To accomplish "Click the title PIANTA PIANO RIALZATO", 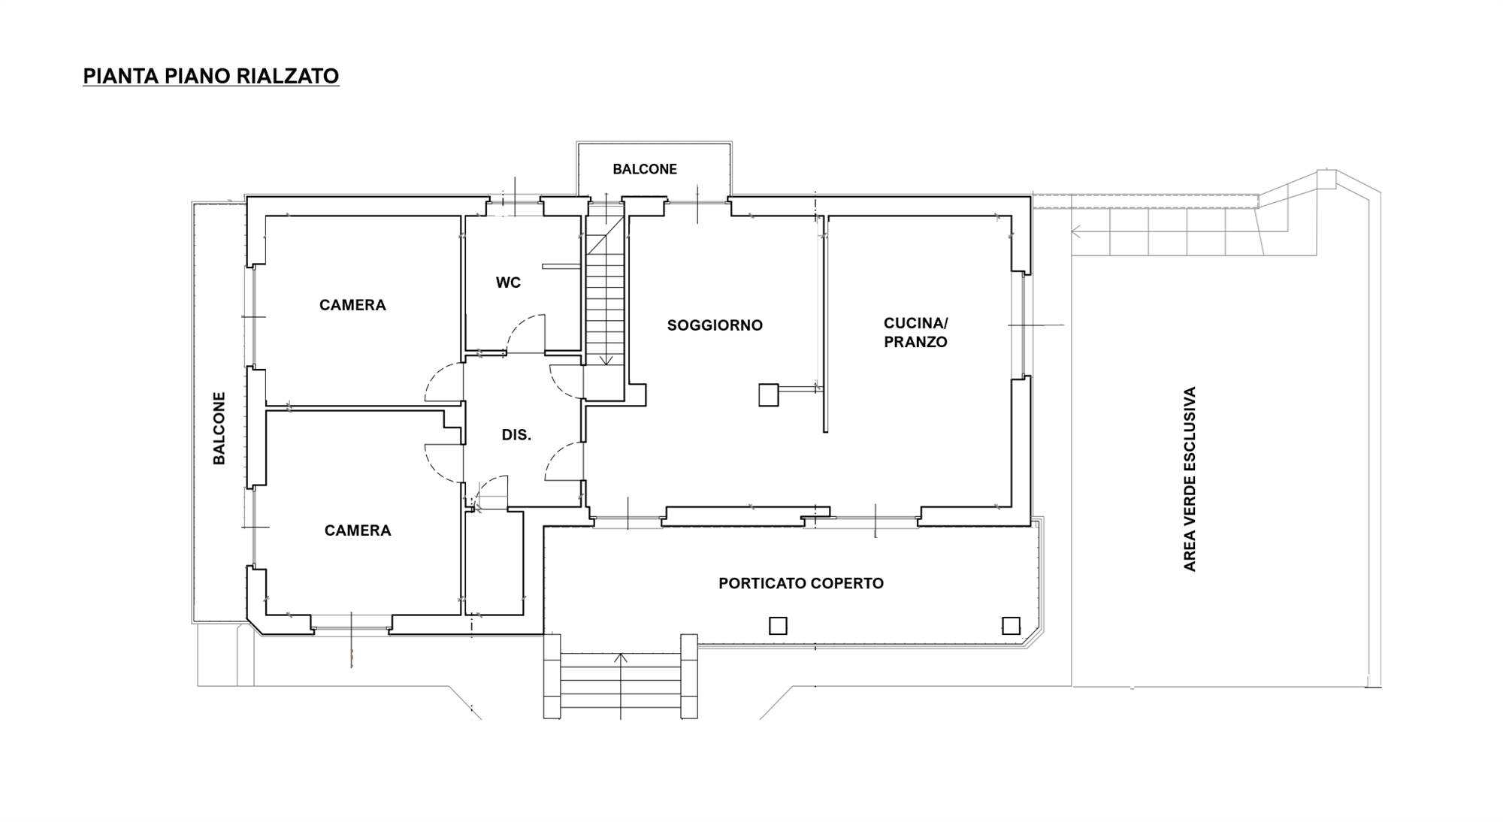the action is click(x=211, y=76).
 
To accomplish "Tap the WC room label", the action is click(x=508, y=283).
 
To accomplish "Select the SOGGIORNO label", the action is click(x=715, y=325).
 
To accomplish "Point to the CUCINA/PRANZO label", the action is click(x=915, y=332).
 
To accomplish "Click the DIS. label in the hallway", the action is click(x=516, y=435).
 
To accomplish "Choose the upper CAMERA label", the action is click(x=352, y=305).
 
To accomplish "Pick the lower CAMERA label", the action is click(x=358, y=530).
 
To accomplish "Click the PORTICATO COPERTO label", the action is click(x=801, y=583).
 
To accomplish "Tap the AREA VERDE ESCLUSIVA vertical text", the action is click(x=1190, y=479).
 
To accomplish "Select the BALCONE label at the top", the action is click(x=645, y=169).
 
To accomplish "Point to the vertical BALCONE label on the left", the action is click(x=219, y=428).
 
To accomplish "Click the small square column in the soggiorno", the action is click(x=768, y=395).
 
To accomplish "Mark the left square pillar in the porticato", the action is click(x=778, y=625).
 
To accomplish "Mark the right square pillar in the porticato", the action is click(x=1012, y=625).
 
